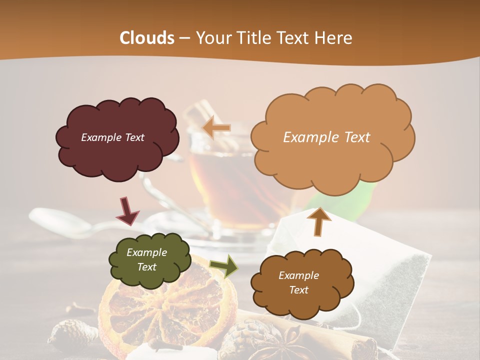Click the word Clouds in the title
click(x=147, y=38)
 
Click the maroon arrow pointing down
click(x=128, y=210)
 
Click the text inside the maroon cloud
click(x=112, y=137)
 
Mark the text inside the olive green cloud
click(x=146, y=259)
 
